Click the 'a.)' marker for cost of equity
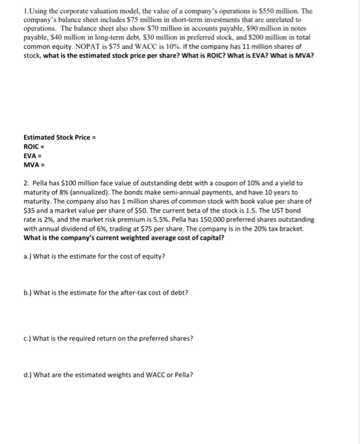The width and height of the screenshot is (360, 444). click(x=27, y=256)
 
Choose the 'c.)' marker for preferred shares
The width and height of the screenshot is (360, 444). click(x=27, y=338)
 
